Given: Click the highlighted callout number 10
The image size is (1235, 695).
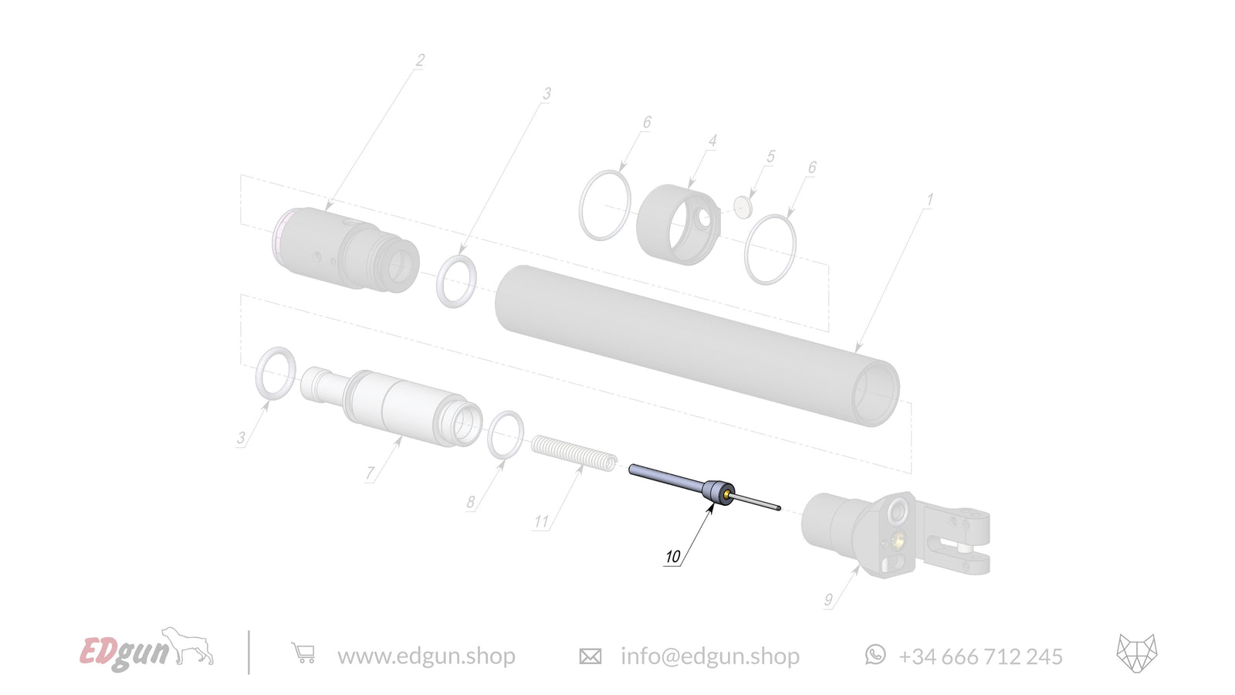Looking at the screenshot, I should pyautogui.click(x=672, y=557).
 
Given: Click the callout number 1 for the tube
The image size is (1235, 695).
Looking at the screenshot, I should pyautogui.click(x=929, y=200).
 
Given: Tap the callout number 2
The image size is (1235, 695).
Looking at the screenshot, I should pyautogui.click(x=420, y=60).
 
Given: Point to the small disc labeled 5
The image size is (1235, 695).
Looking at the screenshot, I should pyautogui.click(x=743, y=207).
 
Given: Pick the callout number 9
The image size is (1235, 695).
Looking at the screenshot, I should pyautogui.click(x=828, y=600).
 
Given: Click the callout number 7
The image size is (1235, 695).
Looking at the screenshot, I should pyautogui.click(x=370, y=473).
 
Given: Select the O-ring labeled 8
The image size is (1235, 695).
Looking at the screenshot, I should pyautogui.click(x=506, y=435).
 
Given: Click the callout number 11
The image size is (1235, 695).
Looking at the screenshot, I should pyautogui.click(x=541, y=522).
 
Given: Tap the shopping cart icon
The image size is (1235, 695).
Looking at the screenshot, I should pyautogui.click(x=303, y=654).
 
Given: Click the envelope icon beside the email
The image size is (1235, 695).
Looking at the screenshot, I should pyautogui.click(x=590, y=656).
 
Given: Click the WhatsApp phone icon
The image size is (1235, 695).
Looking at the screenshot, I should pyautogui.click(x=875, y=655).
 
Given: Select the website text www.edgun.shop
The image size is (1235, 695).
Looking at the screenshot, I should pyautogui.click(x=426, y=656).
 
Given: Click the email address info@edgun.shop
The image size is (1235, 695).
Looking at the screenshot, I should pyautogui.click(x=710, y=656).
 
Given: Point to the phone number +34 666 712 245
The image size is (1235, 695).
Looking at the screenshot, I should pyautogui.click(x=980, y=656).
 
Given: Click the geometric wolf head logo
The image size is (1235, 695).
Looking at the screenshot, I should pyautogui.click(x=1136, y=654).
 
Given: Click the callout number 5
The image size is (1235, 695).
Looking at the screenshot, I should pyautogui.click(x=770, y=157).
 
